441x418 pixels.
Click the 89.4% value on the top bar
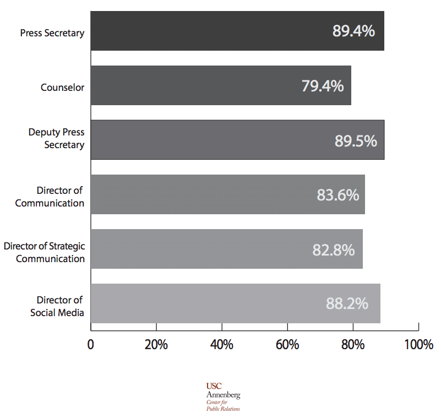tap(353, 31)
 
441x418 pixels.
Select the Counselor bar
tap(220, 86)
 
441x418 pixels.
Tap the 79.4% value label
tap(323, 86)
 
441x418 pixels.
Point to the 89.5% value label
tap(356, 140)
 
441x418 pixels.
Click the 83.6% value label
tap(337, 195)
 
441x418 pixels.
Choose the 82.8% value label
tap(334, 249)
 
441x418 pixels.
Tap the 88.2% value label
tap(347, 303)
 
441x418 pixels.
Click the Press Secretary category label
tap(52, 33)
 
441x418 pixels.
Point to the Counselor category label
tap(62, 88)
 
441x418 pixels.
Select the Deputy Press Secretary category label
tap(57, 139)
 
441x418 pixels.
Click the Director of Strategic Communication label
tap(45, 252)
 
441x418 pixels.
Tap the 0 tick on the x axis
tap(91, 345)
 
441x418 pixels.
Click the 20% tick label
tap(156, 345)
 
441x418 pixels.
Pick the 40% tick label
tap(221, 345)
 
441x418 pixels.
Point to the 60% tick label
tap(287, 345)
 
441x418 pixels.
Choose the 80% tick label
tap(353, 345)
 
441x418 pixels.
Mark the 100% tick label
tap(418, 345)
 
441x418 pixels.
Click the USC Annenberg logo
tap(223, 397)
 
